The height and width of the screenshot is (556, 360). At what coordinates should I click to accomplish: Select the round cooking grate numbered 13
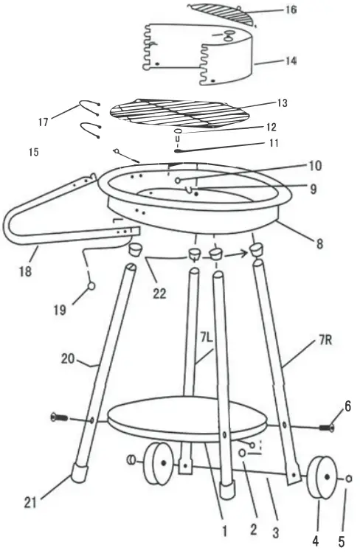tap(179, 112)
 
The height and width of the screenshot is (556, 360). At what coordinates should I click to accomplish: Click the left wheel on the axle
tap(156, 462)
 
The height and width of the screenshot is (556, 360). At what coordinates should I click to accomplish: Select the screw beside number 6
tap(325, 426)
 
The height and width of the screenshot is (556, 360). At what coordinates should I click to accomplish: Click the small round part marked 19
tap(91, 286)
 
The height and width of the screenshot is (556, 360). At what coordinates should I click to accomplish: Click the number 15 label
tap(32, 152)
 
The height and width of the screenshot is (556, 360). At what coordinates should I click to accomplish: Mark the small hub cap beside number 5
tap(348, 479)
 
